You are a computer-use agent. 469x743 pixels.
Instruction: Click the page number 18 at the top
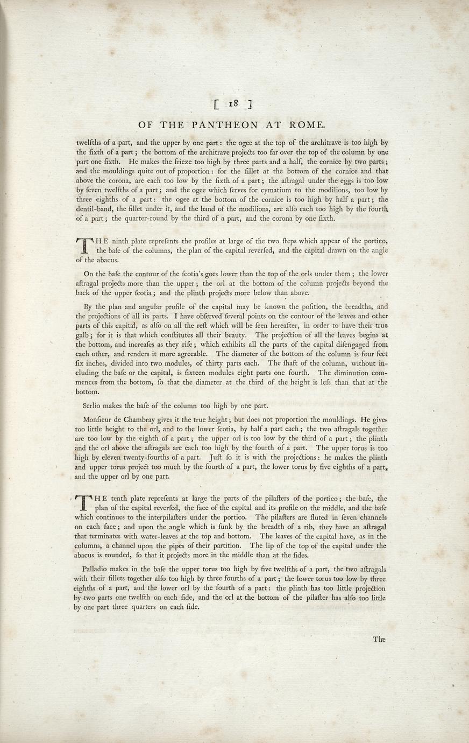click(232, 103)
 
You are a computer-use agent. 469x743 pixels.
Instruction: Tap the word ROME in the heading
click(306, 125)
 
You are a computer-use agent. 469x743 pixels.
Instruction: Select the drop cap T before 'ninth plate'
click(83, 245)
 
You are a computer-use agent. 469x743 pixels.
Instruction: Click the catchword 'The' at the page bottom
click(379, 640)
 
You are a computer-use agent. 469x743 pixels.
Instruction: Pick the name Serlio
click(93, 405)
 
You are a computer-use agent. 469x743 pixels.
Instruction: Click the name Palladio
click(97, 569)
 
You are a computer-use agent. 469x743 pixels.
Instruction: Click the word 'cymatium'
click(280, 190)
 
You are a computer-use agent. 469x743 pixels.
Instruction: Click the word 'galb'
click(82, 335)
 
